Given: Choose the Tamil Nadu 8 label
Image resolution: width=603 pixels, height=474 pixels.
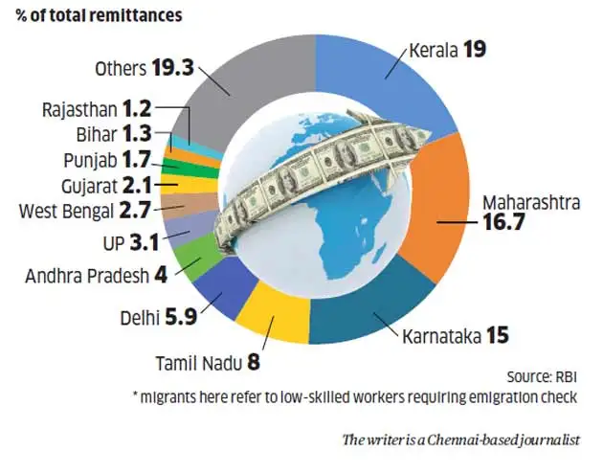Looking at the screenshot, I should coord(206,364).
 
